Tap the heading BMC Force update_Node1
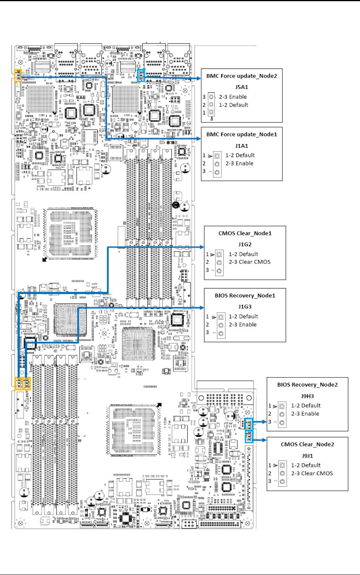(241, 134)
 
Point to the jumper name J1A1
(241, 145)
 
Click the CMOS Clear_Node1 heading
(245, 233)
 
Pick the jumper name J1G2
(245, 244)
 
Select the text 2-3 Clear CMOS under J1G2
(249, 262)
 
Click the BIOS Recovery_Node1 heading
(245, 295)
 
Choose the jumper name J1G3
(245, 306)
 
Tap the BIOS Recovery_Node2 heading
(307, 384)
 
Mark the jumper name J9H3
(307, 395)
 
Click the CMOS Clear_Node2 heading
(307, 444)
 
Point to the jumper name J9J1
(307, 455)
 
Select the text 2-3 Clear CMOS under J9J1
(312, 473)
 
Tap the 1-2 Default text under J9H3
(306, 405)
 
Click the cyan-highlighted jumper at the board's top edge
(142, 74)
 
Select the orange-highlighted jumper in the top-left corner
(18, 75)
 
